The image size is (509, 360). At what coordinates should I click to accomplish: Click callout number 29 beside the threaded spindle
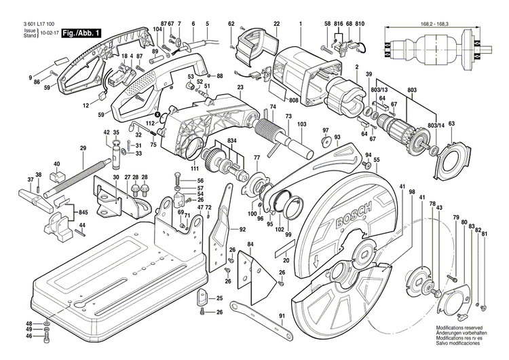[83, 148]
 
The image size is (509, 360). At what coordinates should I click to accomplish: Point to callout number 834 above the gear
[233, 140]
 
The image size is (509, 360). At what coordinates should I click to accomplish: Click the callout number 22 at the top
[277, 24]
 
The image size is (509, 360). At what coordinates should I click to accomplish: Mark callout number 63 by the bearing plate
[451, 123]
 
